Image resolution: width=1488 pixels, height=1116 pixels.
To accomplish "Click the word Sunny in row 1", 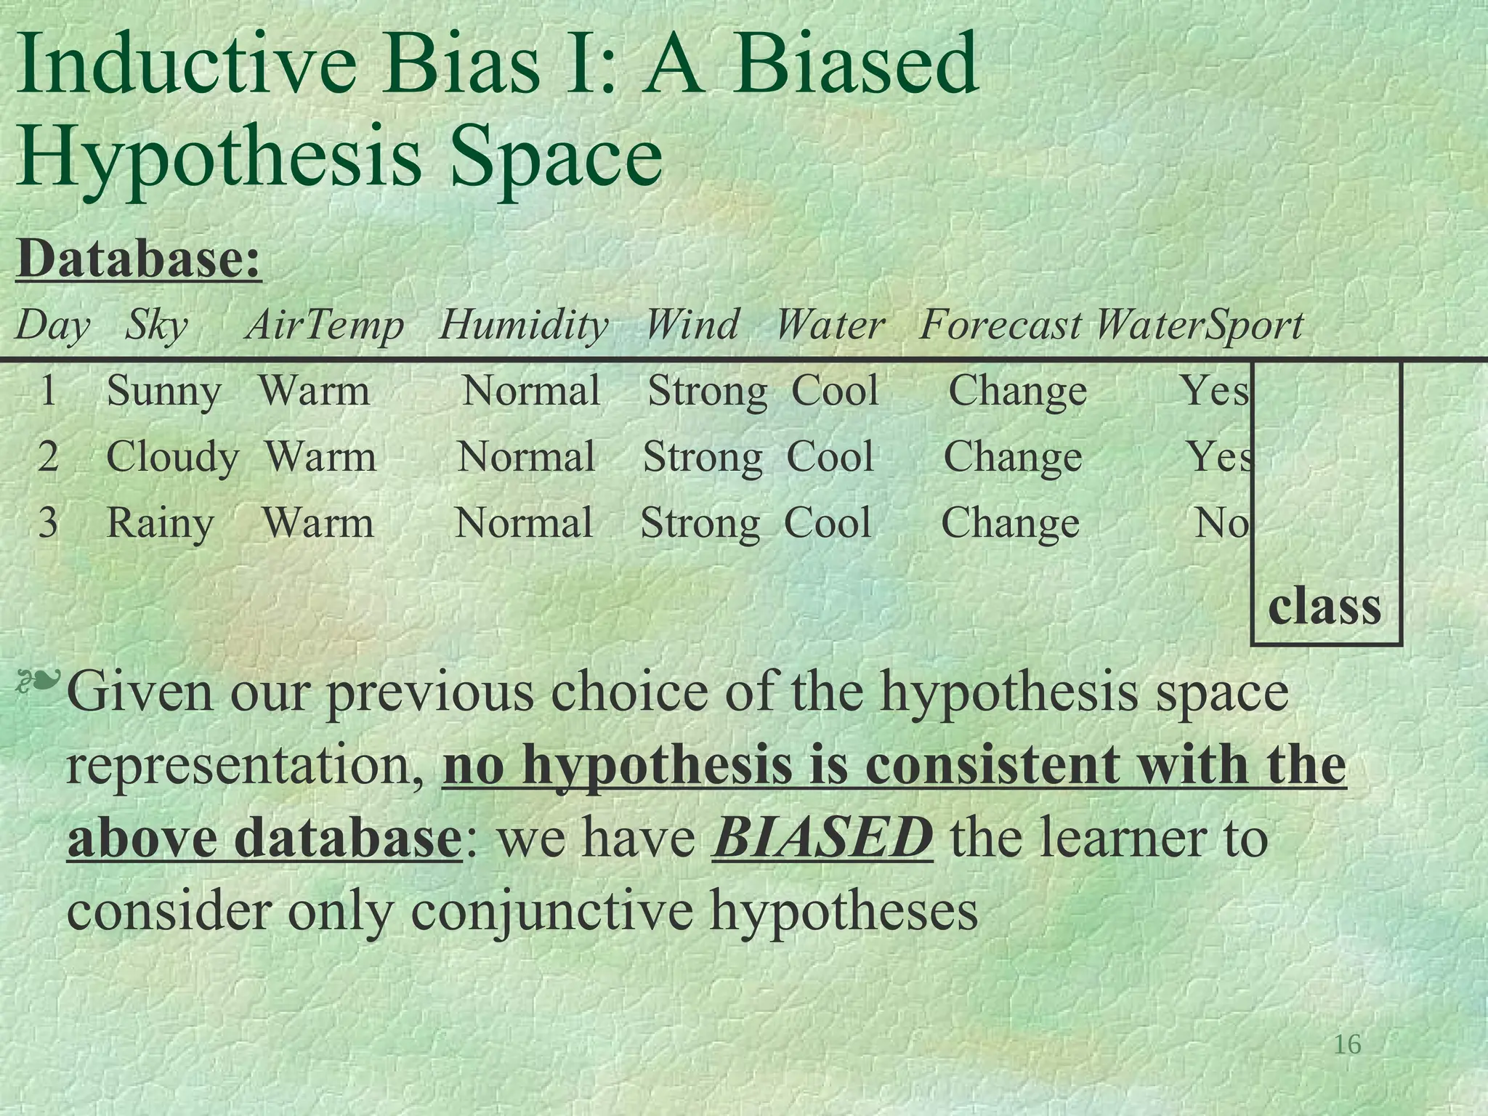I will (163, 392).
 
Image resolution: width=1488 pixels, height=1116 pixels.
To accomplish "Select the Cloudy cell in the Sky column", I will (172, 458).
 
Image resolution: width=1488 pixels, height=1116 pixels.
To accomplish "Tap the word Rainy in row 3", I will (160, 523).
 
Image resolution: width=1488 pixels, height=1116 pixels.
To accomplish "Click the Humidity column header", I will (523, 325).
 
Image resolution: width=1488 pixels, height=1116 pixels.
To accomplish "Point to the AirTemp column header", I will (325, 325).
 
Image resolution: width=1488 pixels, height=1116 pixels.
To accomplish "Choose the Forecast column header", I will (1000, 325).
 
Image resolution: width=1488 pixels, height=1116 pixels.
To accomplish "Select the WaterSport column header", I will (1199, 325).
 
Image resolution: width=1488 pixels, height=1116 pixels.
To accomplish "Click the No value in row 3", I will (1222, 523).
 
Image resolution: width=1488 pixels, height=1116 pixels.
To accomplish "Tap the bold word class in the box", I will (1324, 606).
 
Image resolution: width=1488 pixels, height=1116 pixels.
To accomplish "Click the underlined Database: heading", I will (138, 259).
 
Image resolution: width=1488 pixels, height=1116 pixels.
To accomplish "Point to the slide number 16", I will (1347, 1045).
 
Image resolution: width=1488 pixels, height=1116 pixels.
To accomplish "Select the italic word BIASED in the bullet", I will (822, 838).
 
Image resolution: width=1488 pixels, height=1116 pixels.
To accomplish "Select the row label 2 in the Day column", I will (48, 458).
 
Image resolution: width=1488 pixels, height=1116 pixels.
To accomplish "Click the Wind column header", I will (692, 325).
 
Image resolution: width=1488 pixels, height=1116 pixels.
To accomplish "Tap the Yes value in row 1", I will (1213, 392).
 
